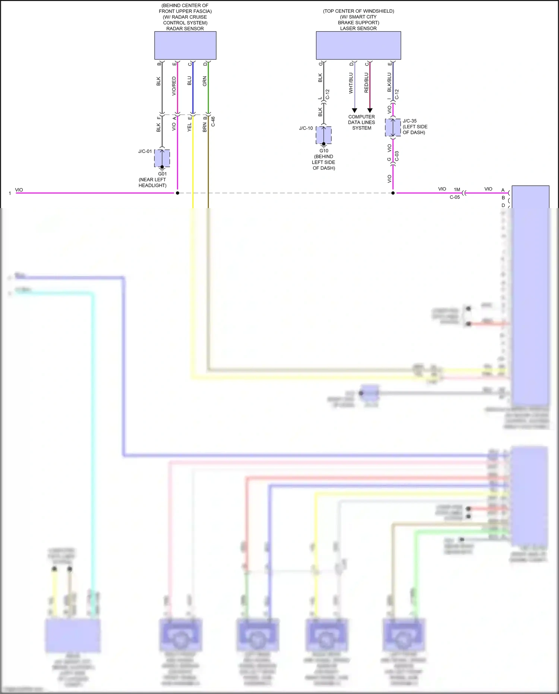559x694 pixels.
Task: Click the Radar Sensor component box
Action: pyautogui.click(x=185, y=45)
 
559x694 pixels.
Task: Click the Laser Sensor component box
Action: pyautogui.click(x=358, y=45)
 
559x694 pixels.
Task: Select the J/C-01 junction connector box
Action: pyautogui.click(x=162, y=158)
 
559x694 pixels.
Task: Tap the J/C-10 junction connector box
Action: pyautogui.click(x=323, y=135)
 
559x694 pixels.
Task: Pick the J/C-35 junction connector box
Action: pyautogui.click(x=393, y=128)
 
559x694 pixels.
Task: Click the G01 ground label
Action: pyautogui.click(x=162, y=174)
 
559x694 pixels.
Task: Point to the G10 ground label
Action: pyautogui.click(x=324, y=151)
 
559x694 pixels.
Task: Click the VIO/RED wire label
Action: pyautogui.click(x=174, y=86)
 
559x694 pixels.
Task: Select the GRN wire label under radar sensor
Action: pyautogui.click(x=205, y=81)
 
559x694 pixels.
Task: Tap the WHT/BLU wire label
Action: pyautogui.click(x=351, y=83)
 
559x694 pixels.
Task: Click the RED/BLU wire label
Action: pyautogui.click(x=366, y=83)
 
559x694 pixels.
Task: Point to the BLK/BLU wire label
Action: pyautogui.click(x=389, y=82)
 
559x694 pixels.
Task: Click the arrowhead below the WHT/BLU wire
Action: pyautogui.click(x=354, y=110)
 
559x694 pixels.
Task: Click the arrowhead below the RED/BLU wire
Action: pyautogui.click(x=370, y=110)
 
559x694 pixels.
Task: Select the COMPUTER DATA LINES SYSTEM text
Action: pyautogui.click(x=361, y=122)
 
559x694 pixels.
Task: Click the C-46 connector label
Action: pyautogui.click(x=213, y=122)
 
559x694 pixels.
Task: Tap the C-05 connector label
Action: pyautogui.click(x=455, y=197)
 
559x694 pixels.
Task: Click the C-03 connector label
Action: pyautogui.click(x=397, y=156)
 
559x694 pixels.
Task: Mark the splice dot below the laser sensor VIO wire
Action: pyautogui.click(x=393, y=193)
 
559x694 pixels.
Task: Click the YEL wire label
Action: pyautogui.click(x=189, y=127)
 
